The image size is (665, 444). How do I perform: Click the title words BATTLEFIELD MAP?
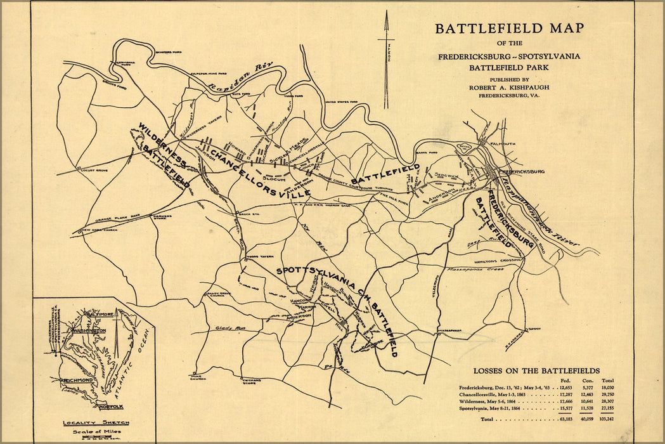pyautogui.click(x=508, y=29)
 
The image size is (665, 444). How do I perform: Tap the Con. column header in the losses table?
pyautogui.click(x=587, y=381)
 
